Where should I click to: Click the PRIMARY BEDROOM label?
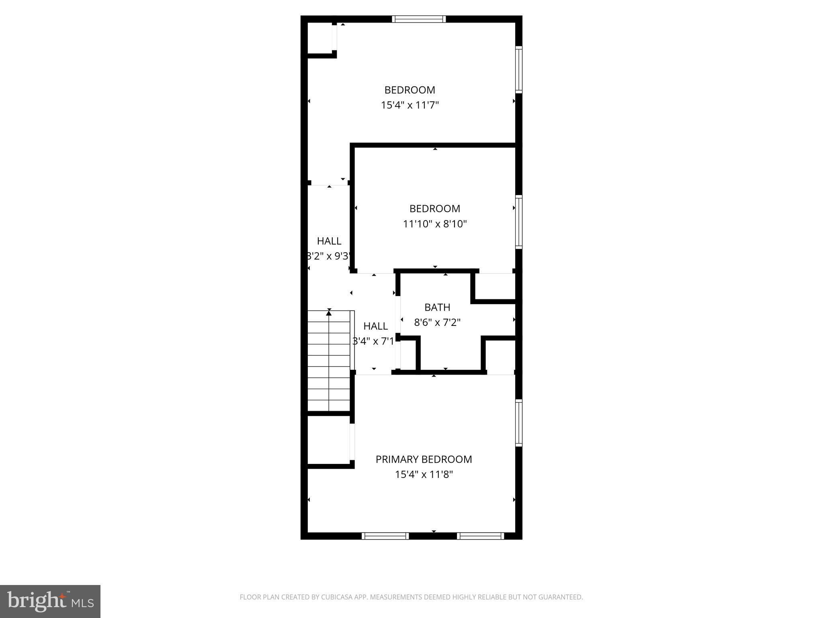click(x=424, y=459)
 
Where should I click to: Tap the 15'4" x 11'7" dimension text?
click(x=409, y=105)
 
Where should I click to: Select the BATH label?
click(x=437, y=307)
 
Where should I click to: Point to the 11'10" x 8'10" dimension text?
click(x=435, y=224)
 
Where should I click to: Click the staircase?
click(x=329, y=360)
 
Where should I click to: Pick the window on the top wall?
click(x=419, y=19)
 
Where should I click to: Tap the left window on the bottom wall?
click(x=385, y=536)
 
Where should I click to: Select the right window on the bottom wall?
click(x=480, y=536)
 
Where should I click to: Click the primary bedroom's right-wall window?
click(x=519, y=423)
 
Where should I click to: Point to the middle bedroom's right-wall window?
click(x=519, y=222)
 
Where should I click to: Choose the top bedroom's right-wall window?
click(x=519, y=70)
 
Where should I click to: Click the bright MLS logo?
click(x=50, y=602)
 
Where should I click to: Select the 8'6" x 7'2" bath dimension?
click(x=437, y=322)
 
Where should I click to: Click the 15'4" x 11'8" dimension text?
click(x=424, y=474)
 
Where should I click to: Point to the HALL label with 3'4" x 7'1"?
click(x=375, y=326)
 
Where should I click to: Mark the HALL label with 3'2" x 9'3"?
click(x=329, y=241)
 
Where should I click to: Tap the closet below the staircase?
click(x=328, y=441)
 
